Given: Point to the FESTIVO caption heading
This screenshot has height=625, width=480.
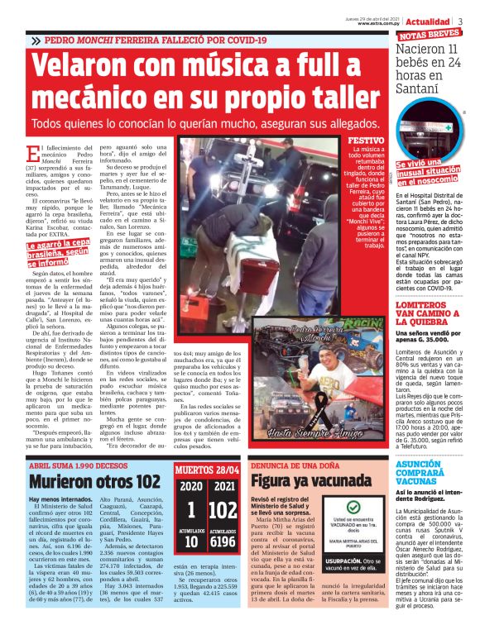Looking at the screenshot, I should (x=365, y=141).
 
